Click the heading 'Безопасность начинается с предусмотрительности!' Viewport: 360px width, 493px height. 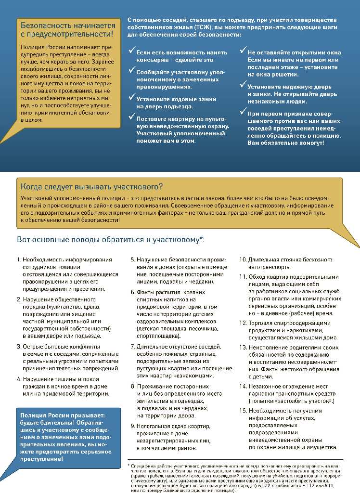68,29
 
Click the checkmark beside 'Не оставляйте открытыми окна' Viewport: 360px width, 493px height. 243,50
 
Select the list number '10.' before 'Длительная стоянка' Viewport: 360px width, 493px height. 243,259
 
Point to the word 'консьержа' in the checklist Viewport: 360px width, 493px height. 154,59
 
